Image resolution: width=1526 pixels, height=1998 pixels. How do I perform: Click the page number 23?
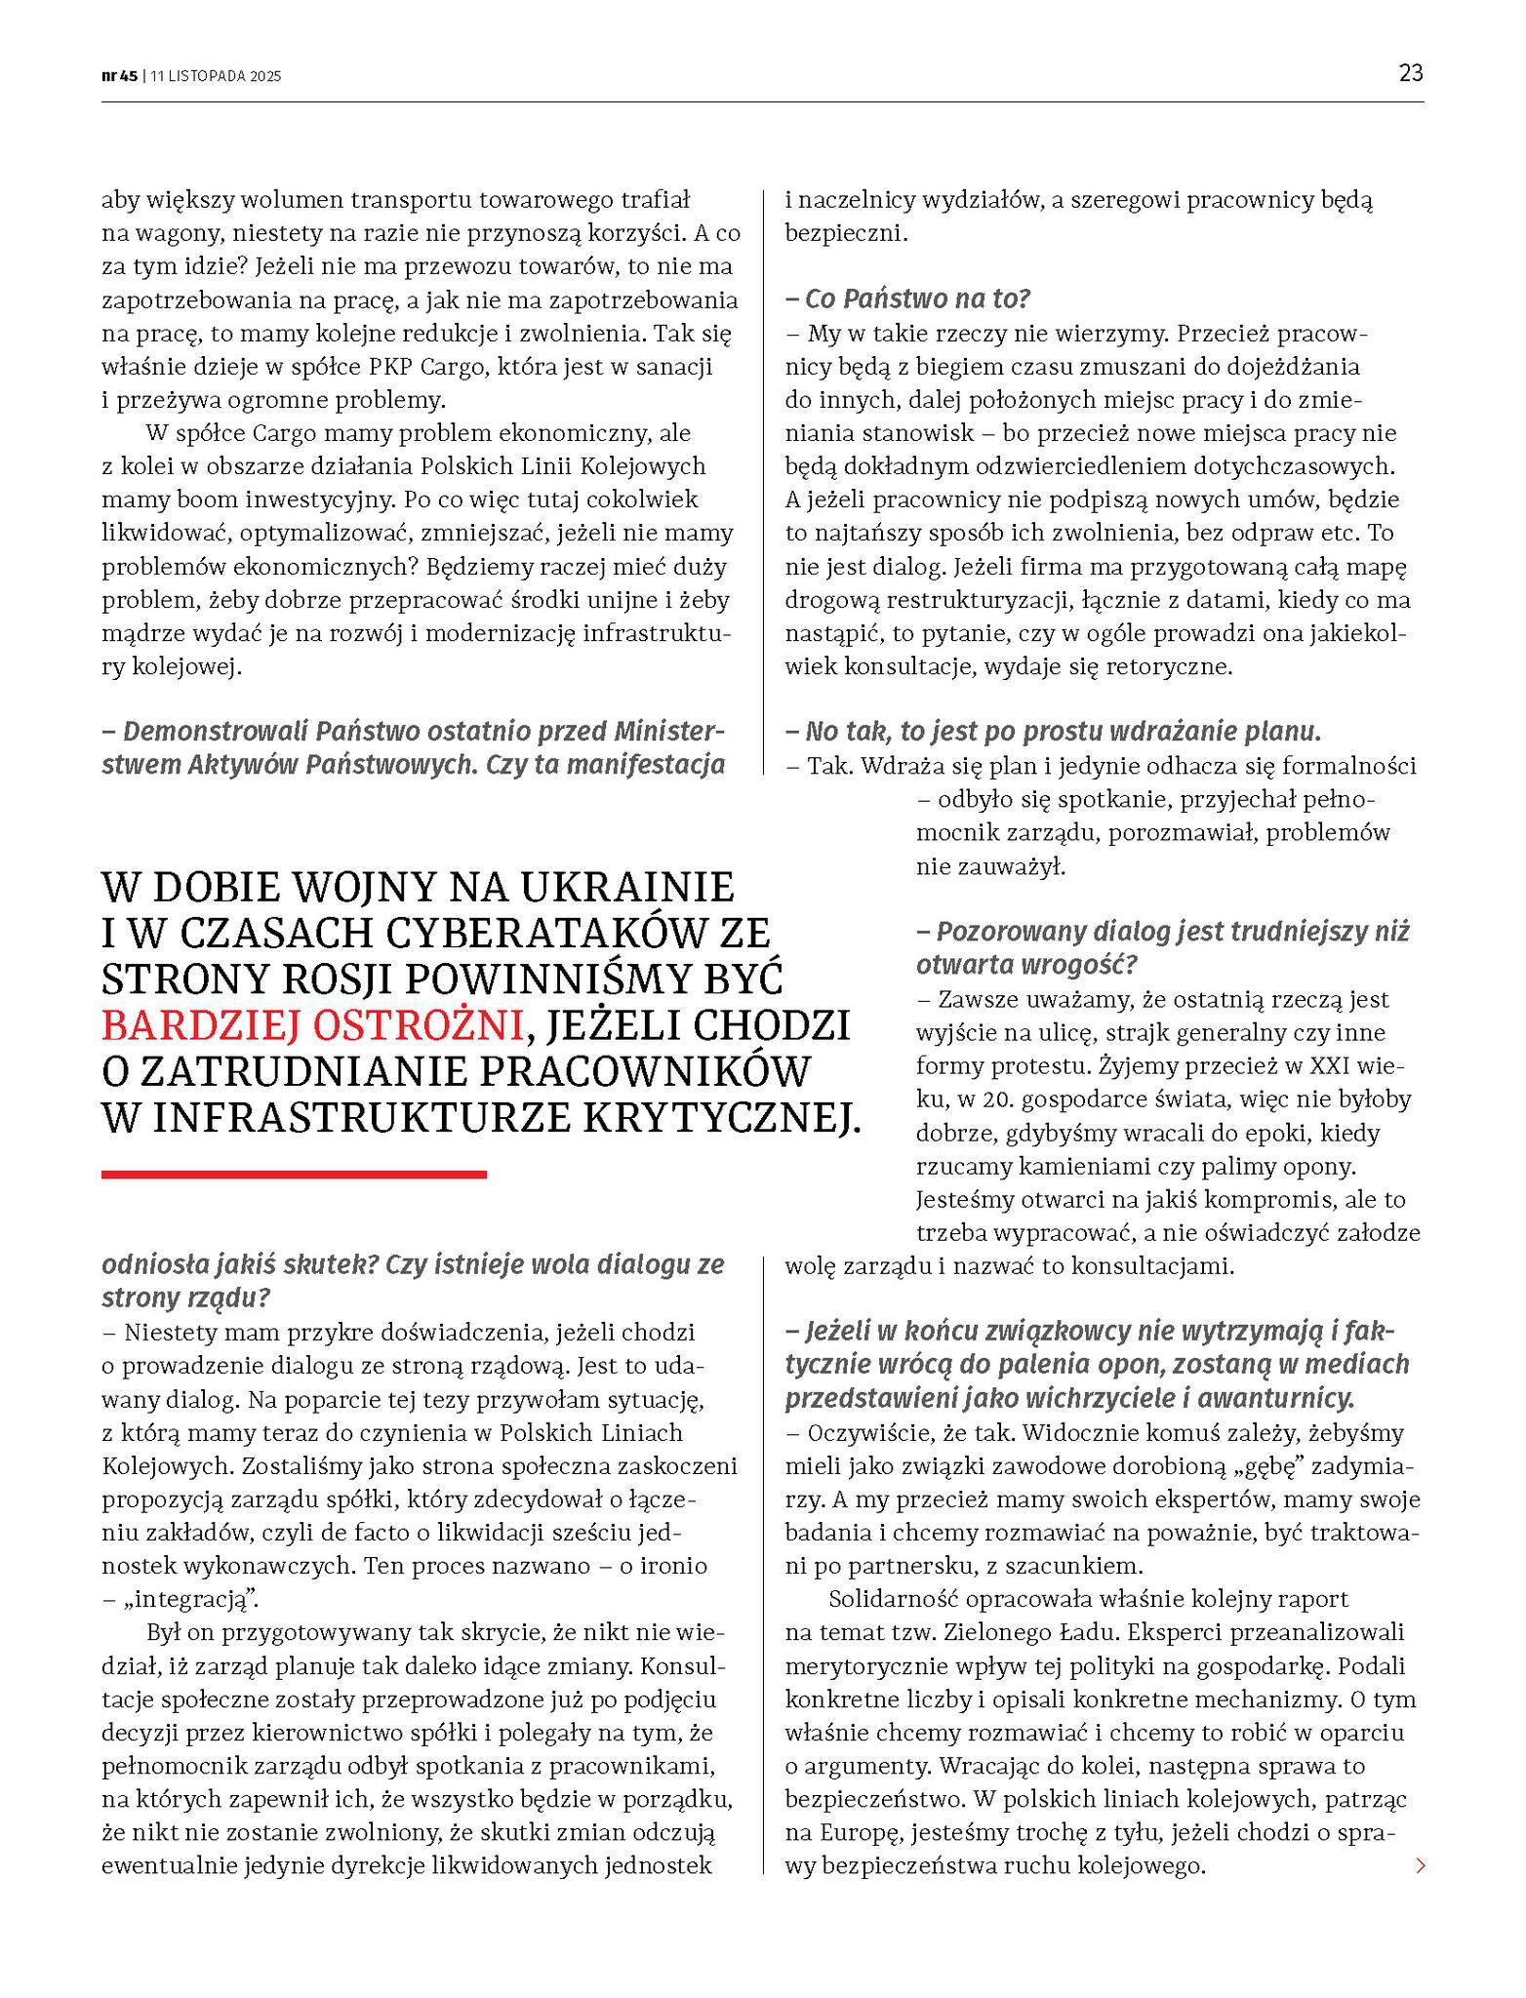pyautogui.click(x=1410, y=73)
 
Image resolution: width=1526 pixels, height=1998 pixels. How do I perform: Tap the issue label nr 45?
pyautogui.click(x=120, y=76)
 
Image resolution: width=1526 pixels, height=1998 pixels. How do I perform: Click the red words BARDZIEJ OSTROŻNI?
pyautogui.click(x=312, y=1025)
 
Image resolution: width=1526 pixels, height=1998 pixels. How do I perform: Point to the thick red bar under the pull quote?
pyautogui.click(x=294, y=1175)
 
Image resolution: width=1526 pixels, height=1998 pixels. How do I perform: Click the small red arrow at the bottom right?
pyautogui.click(x=1420, y=1866)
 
